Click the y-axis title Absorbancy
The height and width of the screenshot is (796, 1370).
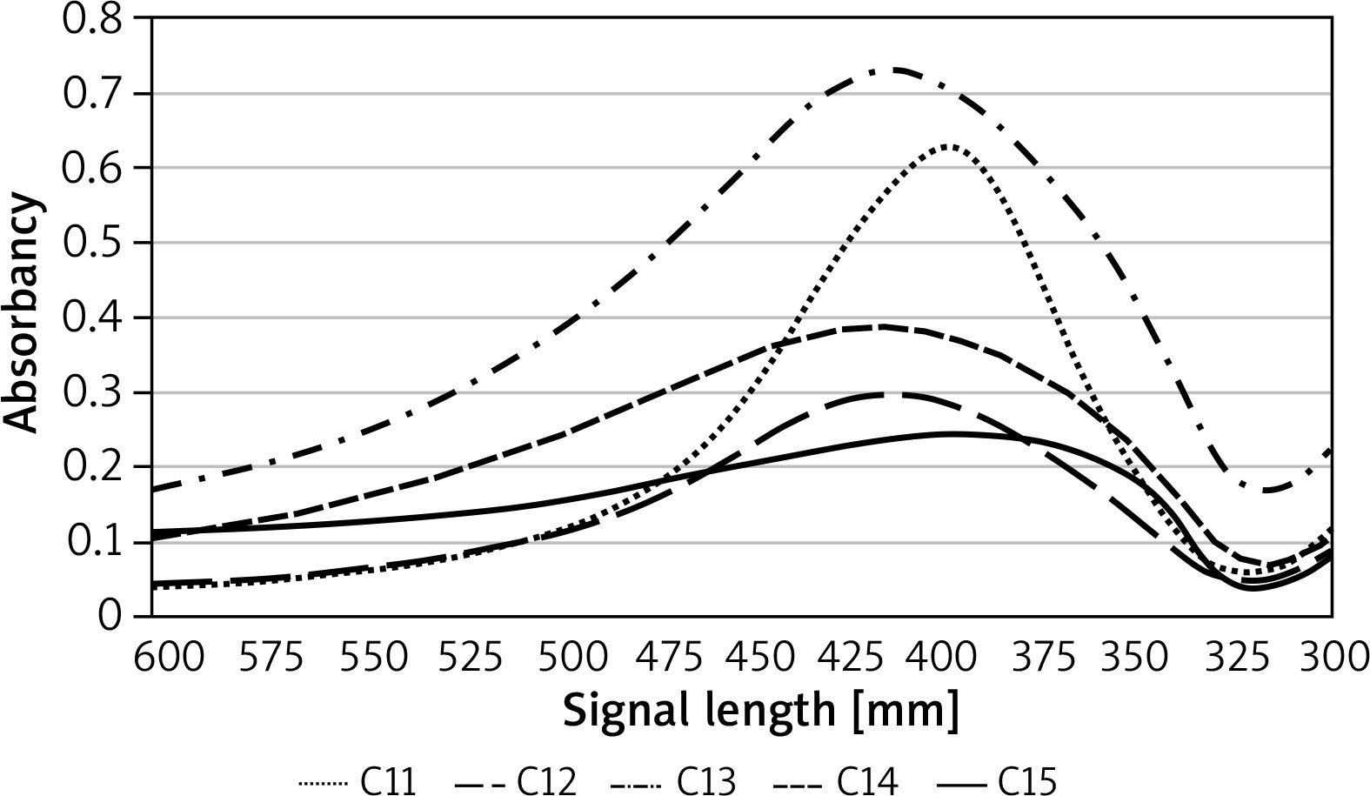coord(23,314)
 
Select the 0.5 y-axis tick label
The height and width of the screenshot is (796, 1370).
coord(91,243)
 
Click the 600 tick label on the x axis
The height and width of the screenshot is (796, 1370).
coord(169,658)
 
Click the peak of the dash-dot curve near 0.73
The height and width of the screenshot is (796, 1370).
coord(895,70)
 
